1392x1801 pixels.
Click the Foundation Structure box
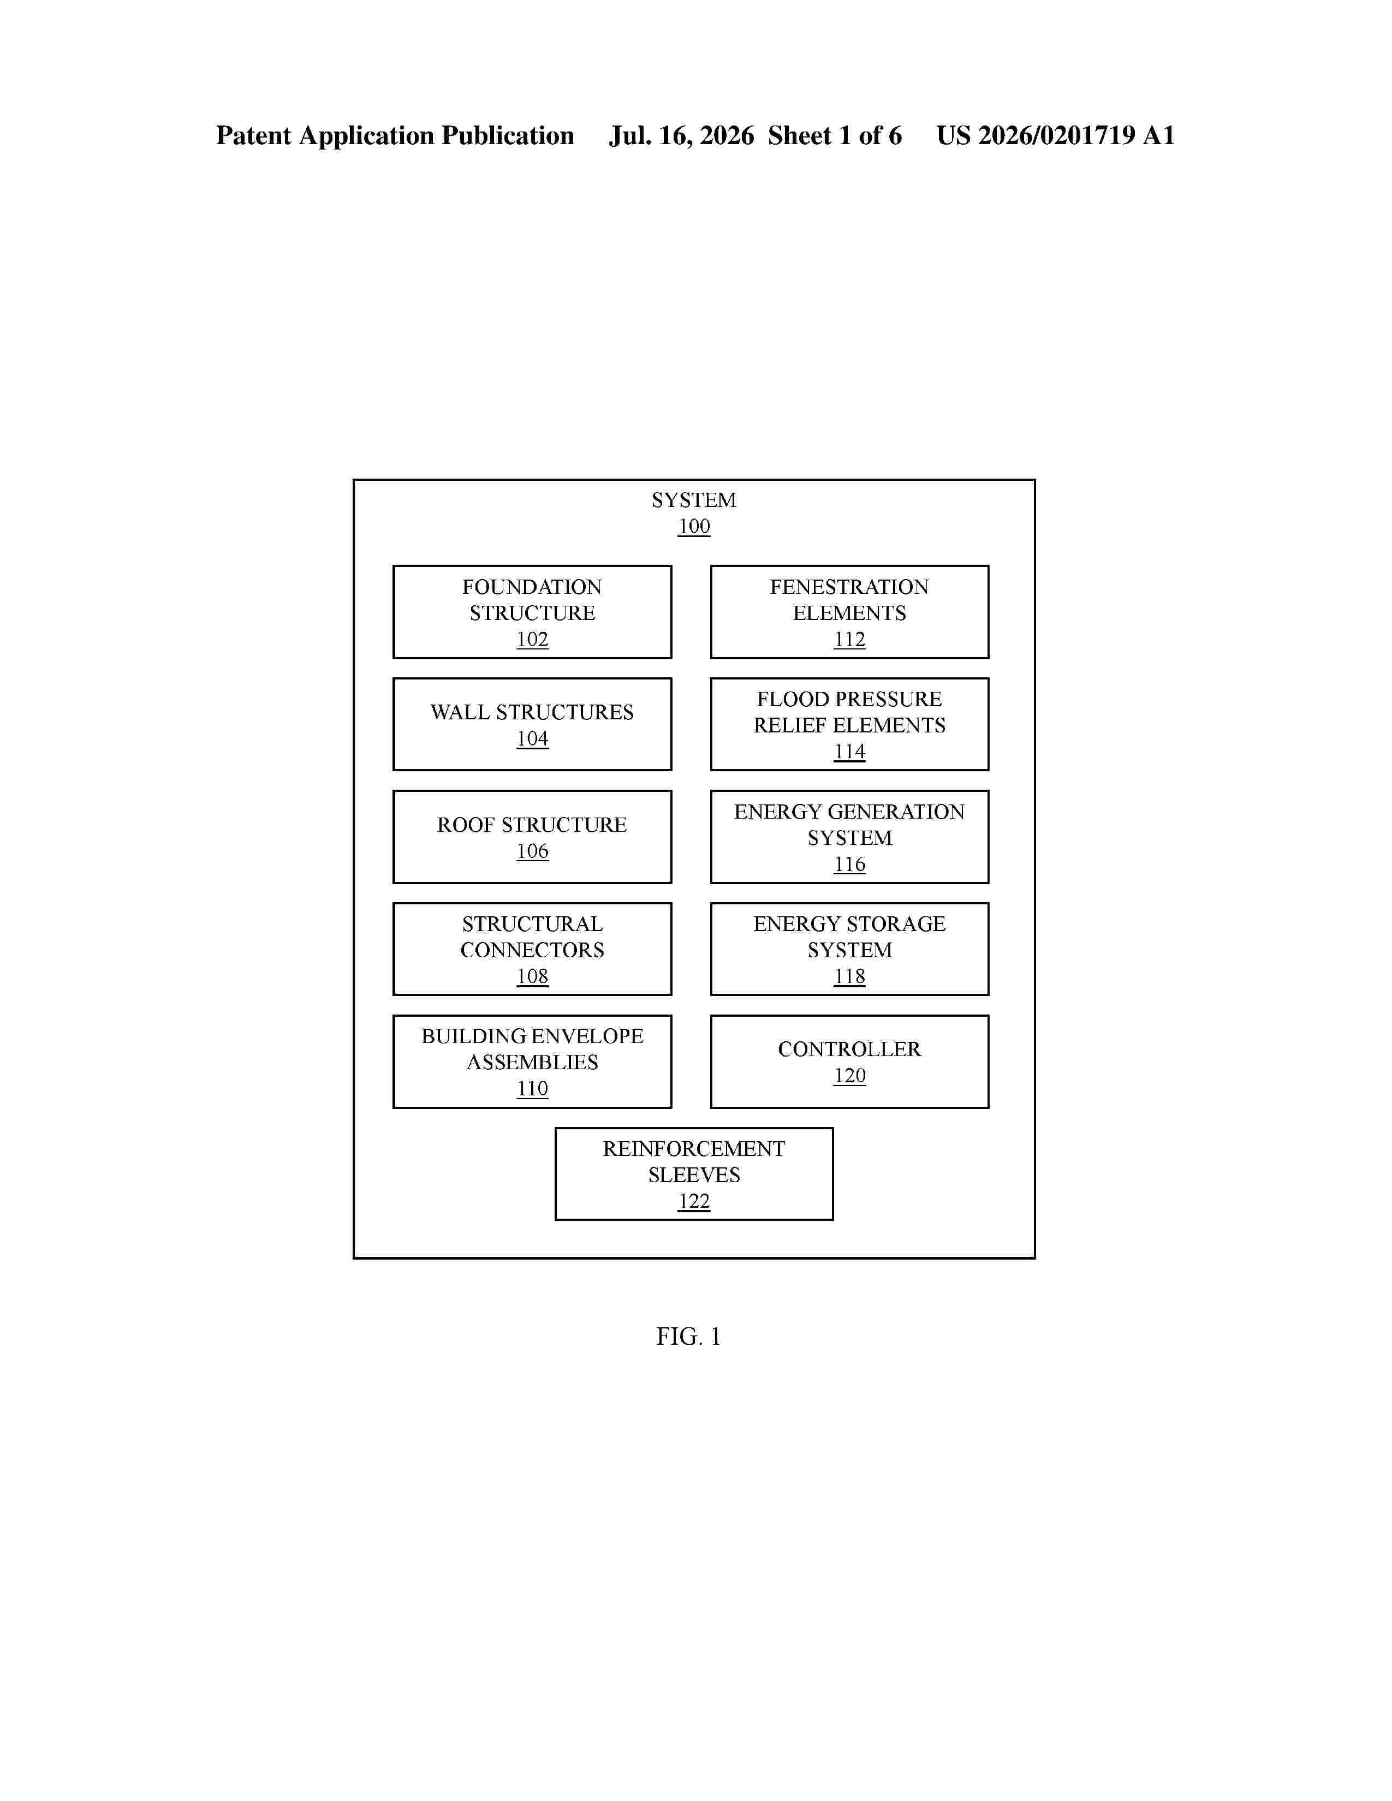pos(532,612)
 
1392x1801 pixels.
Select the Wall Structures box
pos(532,724)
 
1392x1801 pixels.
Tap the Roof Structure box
pos(532,837)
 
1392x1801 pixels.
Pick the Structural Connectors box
pos(532,949)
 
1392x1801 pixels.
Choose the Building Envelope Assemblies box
pos(532,1061)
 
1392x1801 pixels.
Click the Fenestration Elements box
pos(849,612)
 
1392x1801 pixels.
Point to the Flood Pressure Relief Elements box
pos(849,724)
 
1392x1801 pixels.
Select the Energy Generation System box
pos(849,837)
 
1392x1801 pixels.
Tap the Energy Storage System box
pos(849,949)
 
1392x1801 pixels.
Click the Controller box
pos(849,1061)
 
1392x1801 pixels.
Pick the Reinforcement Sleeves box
pos(693,1173)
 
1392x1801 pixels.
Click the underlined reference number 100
pos(693,526)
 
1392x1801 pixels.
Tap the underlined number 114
pos(849,752)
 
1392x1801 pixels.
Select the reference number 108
pos(532,976)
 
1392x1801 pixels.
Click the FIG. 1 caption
pos(688,1337)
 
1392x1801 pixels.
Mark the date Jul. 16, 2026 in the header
pos(682,136)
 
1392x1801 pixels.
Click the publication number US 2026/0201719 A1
pos(1056,136)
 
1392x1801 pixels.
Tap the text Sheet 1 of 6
pos(835,136)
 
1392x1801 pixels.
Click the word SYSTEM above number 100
pos(693,500)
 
